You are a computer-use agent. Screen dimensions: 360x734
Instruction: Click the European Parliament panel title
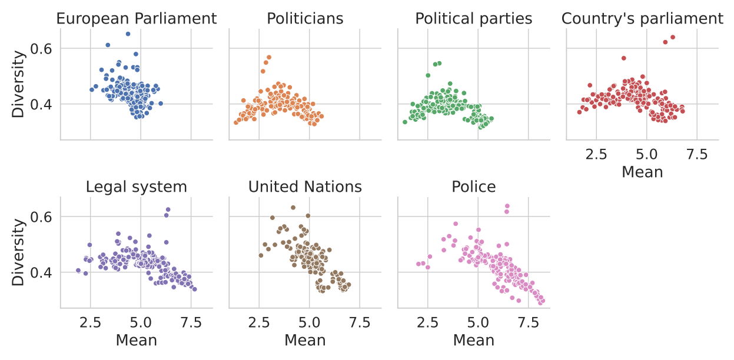[137, 18]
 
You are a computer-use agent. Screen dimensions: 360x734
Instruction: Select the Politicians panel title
[305, 18]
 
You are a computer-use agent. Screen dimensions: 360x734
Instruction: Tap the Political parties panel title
[474, 18]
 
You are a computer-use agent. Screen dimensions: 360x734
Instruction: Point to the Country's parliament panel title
[642, 18]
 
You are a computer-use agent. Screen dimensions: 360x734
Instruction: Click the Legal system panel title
[137, 187]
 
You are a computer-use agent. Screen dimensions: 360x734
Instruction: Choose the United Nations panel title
[305, 187]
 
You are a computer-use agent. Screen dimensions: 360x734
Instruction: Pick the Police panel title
[474, 187]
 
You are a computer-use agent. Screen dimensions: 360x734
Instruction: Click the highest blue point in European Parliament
[128, 34]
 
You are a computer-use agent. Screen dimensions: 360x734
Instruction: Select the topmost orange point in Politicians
[268, 58]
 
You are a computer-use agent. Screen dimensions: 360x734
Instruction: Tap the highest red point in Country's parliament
[672, 37]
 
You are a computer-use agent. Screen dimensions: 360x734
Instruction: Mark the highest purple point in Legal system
[168, 209]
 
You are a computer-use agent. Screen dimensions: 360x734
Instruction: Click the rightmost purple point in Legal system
[194, 289]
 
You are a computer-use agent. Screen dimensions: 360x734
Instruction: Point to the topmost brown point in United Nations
[293, 208]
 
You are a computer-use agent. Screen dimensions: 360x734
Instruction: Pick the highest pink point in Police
[507, 206]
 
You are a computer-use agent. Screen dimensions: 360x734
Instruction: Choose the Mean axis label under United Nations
[305, 340]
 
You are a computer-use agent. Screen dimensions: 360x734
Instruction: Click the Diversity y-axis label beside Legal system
[19, 252]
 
